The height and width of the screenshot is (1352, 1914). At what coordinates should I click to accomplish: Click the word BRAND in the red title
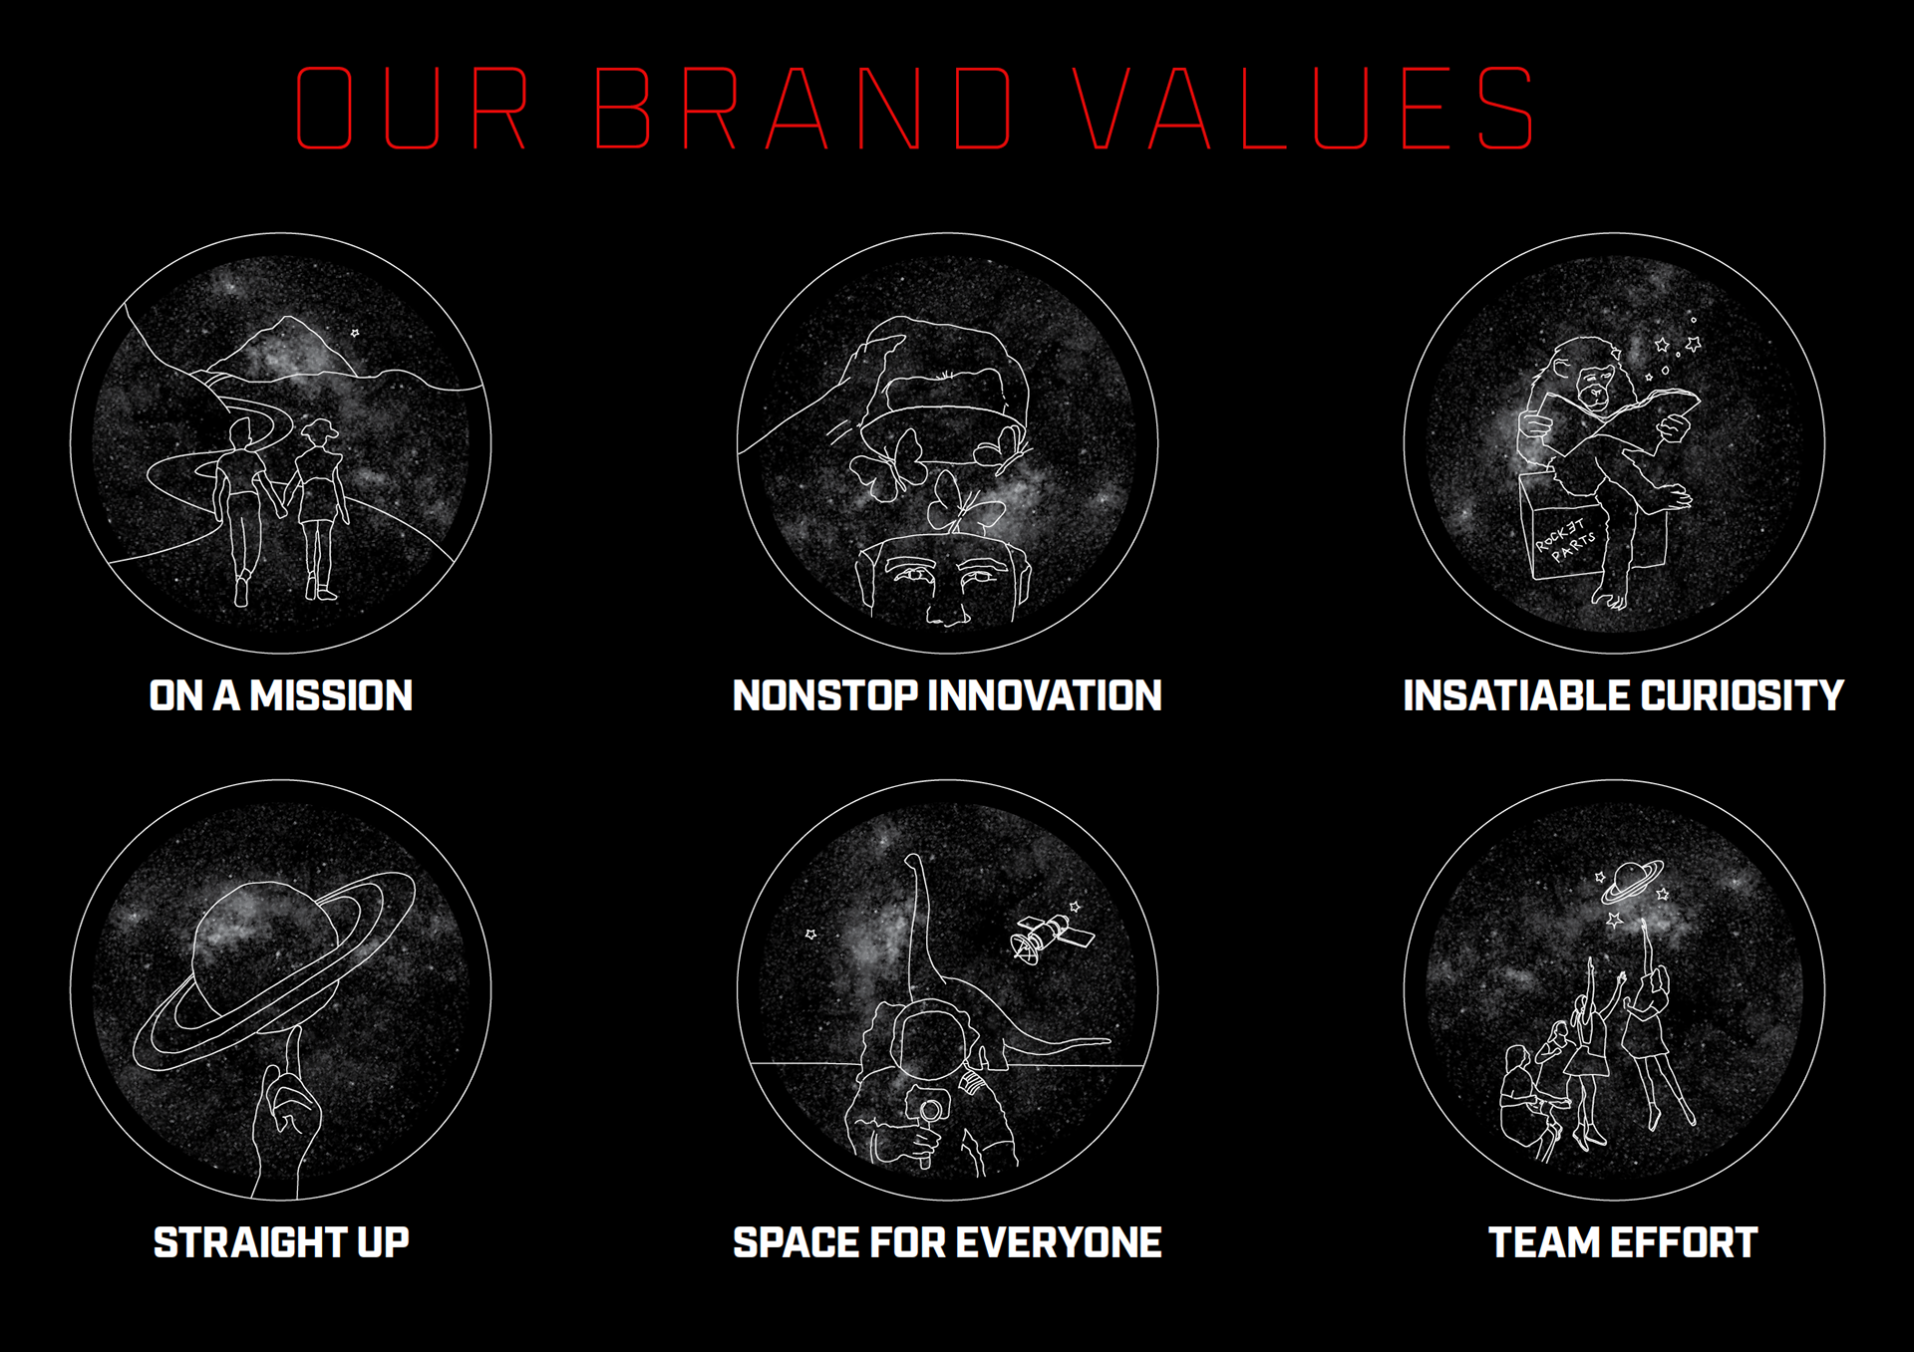tap(803, 109)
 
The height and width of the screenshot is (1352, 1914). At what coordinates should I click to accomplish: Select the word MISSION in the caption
tap(331, 695)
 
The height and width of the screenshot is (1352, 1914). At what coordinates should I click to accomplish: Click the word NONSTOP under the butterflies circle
tap(824, 695)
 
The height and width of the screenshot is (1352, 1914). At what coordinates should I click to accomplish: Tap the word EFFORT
tap(1684, 1242)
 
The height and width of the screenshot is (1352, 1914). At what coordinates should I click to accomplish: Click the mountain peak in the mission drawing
tap(289, 321)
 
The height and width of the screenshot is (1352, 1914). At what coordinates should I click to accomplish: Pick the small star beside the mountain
tap(355, 333)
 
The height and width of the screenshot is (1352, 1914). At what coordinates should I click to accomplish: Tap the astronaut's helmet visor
tap(929, 1041)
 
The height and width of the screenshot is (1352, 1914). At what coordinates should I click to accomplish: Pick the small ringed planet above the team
tap(1632, 882)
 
